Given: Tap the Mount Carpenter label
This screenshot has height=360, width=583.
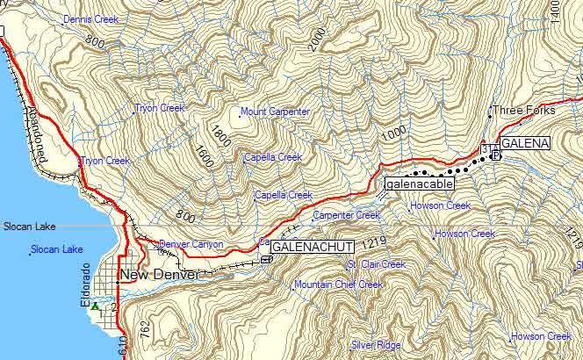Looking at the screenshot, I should (x=276, y=112).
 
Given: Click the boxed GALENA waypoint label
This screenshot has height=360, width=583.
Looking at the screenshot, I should (x=525, y=143).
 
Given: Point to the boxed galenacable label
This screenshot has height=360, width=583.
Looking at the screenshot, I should (x=417, y=185).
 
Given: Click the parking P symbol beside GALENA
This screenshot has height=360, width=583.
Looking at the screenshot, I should (x=495, y=156).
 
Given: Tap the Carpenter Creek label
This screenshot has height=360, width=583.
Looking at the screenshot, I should (x=347, y=215).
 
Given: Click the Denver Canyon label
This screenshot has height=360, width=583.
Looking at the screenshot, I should (x=191, y=244).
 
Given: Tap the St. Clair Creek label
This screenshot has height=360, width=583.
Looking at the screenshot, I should (x=377, y=264).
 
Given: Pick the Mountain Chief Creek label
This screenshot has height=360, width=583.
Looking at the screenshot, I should (x=339, y=284).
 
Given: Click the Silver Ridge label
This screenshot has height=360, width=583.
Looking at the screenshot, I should (x=376, y=345).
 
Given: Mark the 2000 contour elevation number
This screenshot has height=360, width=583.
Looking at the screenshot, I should (x=317, y=39).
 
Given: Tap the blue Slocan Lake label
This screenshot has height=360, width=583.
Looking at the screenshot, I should (x=56, y=250).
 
